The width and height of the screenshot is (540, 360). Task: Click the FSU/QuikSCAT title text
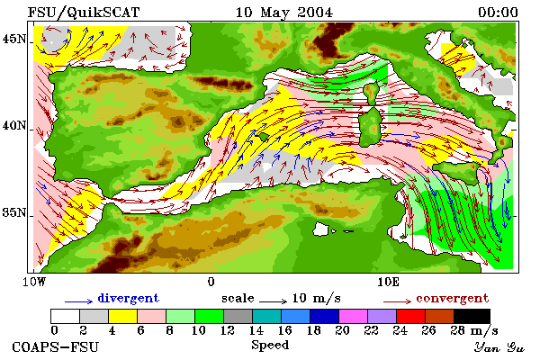[84, 13]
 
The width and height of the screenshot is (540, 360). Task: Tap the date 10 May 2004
[284, 13]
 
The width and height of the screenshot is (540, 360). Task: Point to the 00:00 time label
[498, 13]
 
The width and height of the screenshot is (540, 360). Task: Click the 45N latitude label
[13, 39]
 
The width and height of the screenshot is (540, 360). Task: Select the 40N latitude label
[13, 125]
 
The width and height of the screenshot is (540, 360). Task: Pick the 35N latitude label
[13, 212]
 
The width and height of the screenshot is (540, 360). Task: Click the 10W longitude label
[34, 282]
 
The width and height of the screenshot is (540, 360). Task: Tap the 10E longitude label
[388, 282]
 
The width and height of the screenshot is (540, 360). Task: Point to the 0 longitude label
[211, 282]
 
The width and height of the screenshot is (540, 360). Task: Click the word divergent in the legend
[129, 298]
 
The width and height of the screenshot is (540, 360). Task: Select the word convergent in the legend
[452, 298]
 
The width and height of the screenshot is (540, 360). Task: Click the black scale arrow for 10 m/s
[273, 301]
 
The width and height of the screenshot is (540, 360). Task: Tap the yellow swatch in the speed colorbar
[122, 316]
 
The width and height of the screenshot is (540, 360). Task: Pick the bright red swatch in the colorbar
[410, 316]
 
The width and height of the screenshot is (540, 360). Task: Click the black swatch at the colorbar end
[472, 316]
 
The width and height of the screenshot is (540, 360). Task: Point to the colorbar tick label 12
[228, 330]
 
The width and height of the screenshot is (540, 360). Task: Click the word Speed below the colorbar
[270, 346]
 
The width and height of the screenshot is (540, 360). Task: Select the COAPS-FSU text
[56, 346]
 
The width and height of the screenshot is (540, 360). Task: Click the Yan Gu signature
[499, 347]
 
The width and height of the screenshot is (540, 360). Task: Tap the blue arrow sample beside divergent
[78, 301]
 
